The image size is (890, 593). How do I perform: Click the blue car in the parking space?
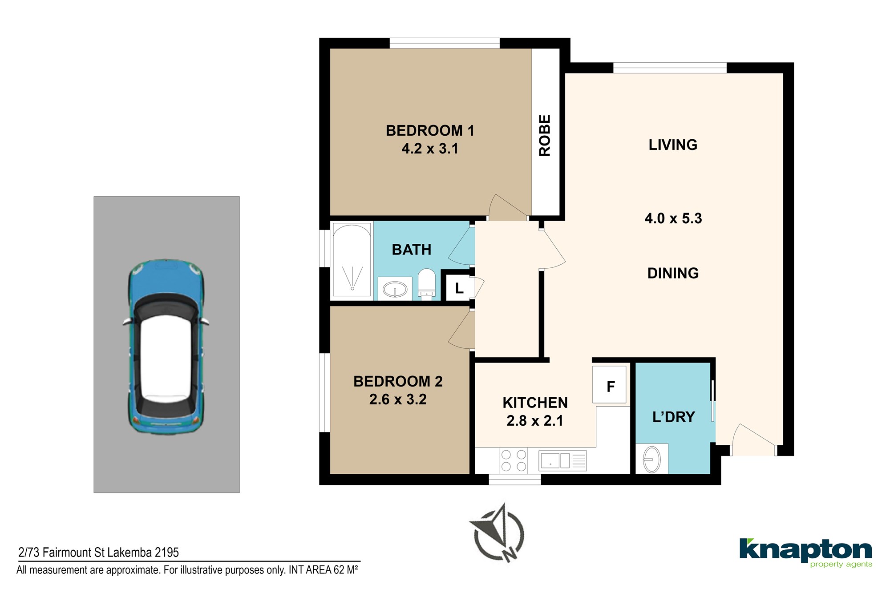(166, 347)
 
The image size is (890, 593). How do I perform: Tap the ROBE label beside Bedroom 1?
(545, 135)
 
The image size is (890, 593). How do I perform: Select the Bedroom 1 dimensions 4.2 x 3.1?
(430, 149)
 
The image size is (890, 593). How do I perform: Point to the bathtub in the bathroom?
(352, 260)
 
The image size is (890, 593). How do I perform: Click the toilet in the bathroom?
(426, 283)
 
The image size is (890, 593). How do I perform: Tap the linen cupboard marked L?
(459, 288)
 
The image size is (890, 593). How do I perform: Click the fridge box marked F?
(609, 385)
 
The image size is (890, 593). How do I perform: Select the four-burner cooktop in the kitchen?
(514, 460)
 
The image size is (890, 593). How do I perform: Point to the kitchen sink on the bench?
(562, 461)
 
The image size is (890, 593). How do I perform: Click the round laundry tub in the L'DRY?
(651, 459)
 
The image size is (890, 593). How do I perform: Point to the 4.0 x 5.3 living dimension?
(673, 218)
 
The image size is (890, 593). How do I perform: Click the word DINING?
(673, 273)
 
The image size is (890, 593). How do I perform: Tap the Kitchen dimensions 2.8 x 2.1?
(535, 421)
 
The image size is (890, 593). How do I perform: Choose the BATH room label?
(412, 250)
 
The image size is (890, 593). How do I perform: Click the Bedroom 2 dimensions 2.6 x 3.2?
(398, 399)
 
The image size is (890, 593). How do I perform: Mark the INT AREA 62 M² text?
(324, 569)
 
